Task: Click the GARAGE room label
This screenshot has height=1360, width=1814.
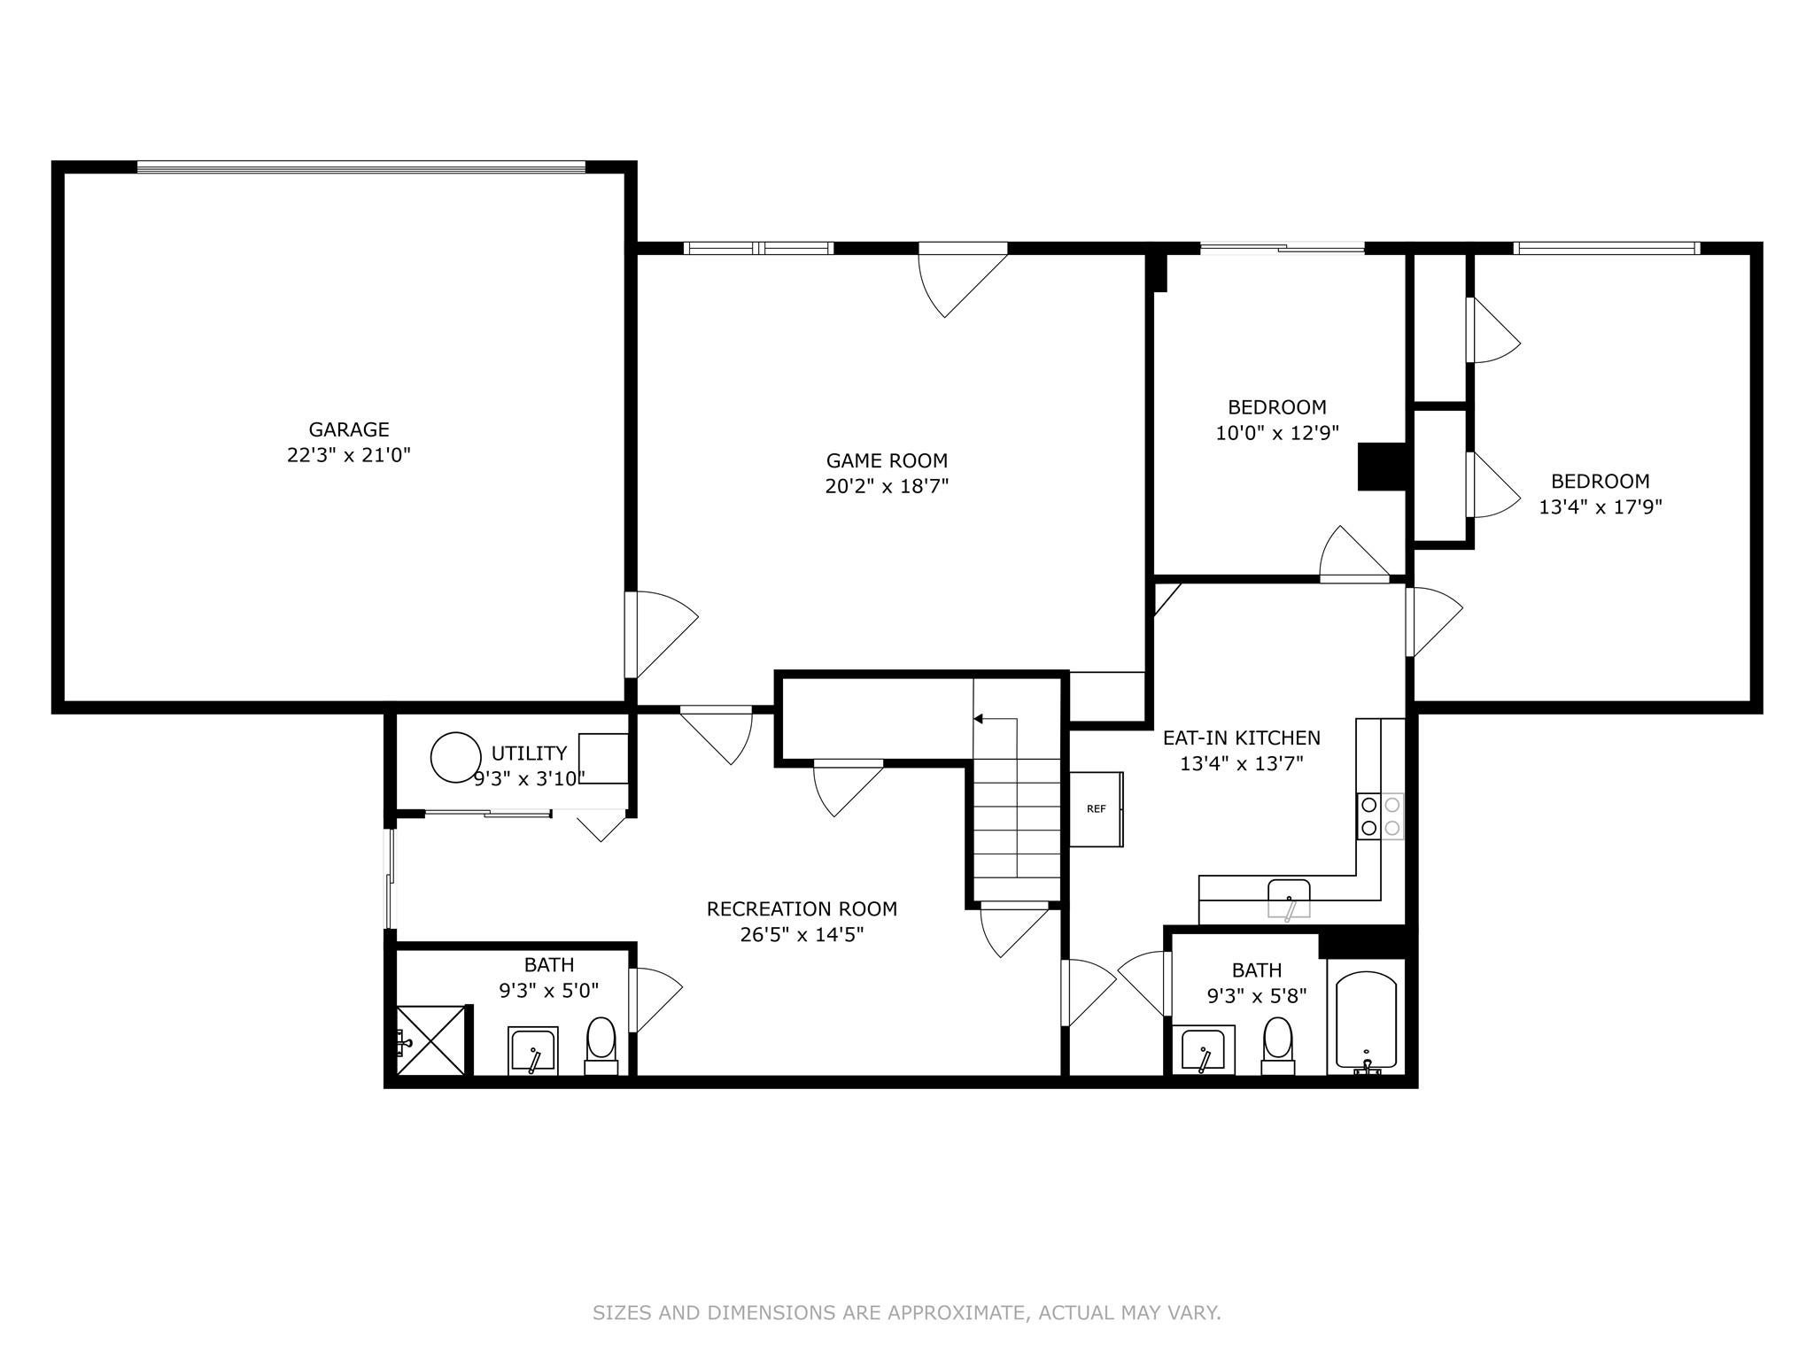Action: pos(349,429)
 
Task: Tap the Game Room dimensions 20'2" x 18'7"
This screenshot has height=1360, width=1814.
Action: pos(887,486)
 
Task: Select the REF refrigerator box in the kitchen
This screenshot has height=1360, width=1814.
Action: pos(1096,808)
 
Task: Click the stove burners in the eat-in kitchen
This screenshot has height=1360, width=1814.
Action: pos(1380,816)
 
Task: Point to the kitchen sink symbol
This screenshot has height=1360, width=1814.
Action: pos(1289,898)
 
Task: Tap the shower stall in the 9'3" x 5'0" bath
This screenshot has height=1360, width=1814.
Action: pos(431,1039)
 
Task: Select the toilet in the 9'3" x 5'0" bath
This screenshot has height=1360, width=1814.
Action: pos(601,1042)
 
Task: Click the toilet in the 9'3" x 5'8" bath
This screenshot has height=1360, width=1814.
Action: pos(1277,1042)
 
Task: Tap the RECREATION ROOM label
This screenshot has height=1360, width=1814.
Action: pos(802,909)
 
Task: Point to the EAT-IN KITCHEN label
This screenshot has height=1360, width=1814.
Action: pos(1241,738)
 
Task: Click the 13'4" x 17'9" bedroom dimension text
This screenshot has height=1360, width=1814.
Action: pos(1600,507)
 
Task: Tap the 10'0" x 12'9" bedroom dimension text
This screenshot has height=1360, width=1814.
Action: pos(1276,433)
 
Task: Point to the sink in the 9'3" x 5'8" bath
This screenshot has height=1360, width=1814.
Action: pos(1203,1050)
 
